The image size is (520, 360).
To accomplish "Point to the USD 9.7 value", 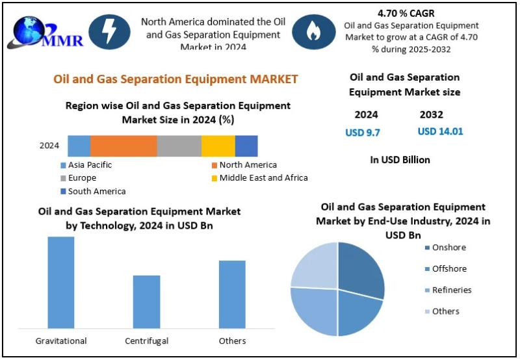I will tap(363, 132).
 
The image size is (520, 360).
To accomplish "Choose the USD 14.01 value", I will tap(440, 131).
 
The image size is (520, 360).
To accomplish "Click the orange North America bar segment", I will tap(123, 146).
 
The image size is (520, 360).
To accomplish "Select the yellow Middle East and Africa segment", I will tap(218, 146).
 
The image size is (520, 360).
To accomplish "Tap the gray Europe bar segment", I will tap(179, 146).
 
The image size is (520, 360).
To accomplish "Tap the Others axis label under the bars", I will tap(232, 341).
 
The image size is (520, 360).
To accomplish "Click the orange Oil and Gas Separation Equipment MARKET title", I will tap(175, 79).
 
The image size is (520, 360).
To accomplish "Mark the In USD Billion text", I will tap(400, 159).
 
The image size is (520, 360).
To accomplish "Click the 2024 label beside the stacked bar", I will tap(49, 146).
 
